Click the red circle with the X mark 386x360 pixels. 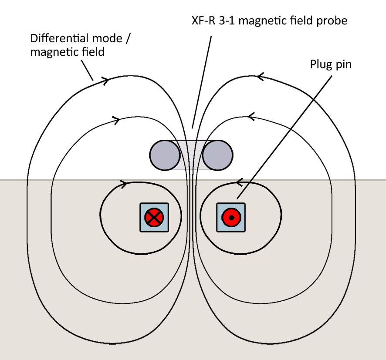tap(154, 217)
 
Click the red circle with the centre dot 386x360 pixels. tap(231, 217)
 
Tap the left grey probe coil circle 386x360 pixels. tap(165, 155)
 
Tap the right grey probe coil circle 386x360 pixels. tap(217, 155)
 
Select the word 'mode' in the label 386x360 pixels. tap(107, 39)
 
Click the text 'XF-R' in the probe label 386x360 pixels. tap(203, 20)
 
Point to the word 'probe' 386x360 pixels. tap(332, 21)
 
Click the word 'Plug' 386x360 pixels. tap(321, 65)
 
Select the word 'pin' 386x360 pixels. tap(343, 65)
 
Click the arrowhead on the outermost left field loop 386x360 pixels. tap(105, 80)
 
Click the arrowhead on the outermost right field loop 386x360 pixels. tap(261, 77)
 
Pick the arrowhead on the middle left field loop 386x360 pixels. tap(116, 120)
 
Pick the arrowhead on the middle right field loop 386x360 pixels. tap(251, 117)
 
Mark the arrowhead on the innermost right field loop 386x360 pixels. tap(240, 182)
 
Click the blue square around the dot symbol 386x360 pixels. tap(231, 217)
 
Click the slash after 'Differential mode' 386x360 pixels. tap(128, 39)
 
